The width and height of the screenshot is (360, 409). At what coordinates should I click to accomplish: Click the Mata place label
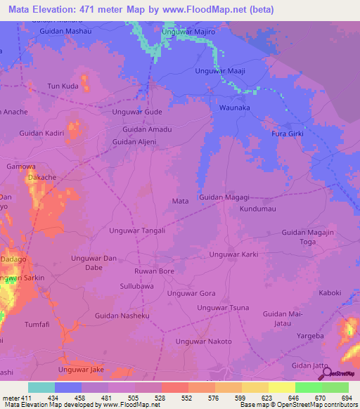click(180, 201)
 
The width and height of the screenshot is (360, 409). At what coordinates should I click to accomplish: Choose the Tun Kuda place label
click(62, 86)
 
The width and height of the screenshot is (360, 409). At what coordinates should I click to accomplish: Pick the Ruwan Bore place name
click(154, 271)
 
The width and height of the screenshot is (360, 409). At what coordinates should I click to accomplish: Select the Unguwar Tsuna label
click(223, 308)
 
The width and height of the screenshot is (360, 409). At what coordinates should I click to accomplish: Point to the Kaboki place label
click(330, 293)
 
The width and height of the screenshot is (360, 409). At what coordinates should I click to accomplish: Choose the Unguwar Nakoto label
click(203, 342)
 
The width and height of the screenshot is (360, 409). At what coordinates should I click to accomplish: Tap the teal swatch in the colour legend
click(41, 387)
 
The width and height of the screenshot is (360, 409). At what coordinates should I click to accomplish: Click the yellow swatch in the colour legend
click(281, 387)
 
